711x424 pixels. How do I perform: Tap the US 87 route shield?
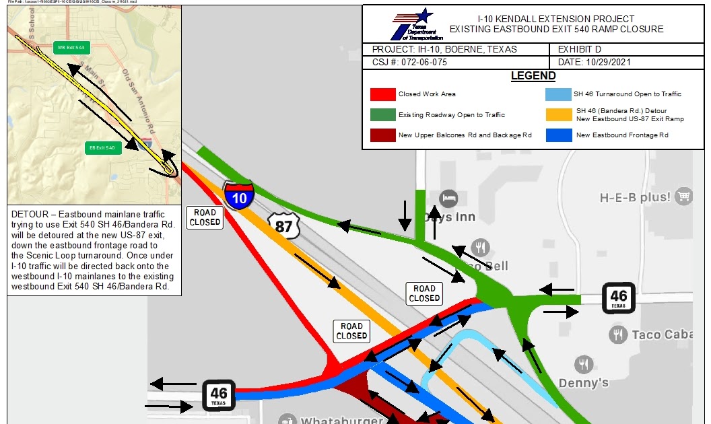pos(283,225)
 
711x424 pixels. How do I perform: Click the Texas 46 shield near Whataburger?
pos(219,396)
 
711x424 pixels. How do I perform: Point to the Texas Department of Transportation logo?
pos(412,24)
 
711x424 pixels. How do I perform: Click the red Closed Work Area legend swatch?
pos(382,94)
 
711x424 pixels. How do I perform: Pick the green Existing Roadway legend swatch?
pos(382,114)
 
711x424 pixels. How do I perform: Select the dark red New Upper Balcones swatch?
pos(382,135)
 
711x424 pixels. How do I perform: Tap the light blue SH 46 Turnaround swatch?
pos(560,94)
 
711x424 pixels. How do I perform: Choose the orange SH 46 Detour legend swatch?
pos(560,114)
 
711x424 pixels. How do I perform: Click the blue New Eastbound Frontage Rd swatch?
pos(560,135)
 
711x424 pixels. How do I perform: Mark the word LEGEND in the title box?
pos(533,76)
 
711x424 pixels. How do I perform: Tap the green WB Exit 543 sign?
pos(71,48)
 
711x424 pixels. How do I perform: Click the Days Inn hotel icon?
pos(448,198)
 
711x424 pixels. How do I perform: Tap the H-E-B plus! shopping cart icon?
pos(685,197)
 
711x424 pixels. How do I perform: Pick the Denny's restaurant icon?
pos(584,365)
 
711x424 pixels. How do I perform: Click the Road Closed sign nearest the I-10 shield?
pos(205,217)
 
